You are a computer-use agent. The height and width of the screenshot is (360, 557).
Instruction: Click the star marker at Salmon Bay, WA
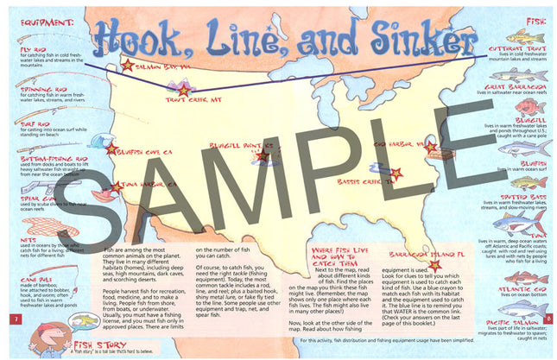128,66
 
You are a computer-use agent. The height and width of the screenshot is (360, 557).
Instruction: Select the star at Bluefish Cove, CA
111,148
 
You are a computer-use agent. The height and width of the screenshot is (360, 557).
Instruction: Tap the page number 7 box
14,320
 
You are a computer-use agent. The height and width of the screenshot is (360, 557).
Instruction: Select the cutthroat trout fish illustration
526,37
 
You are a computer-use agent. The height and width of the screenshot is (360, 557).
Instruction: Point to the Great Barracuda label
514,86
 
